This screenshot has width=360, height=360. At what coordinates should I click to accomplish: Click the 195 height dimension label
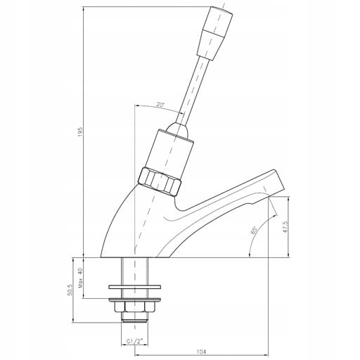point(80,132)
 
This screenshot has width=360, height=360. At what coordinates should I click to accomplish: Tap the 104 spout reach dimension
point(201,352)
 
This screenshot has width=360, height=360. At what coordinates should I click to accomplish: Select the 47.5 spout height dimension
point(285,226)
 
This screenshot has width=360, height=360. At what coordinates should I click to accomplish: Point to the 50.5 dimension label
point(70,290)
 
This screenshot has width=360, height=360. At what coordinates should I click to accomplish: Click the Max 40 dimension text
point(80,278)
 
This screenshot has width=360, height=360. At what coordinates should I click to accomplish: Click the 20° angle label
point(160,105)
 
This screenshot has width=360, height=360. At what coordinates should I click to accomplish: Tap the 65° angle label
point(254,230)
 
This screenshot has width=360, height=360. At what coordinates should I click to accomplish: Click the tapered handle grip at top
point(214,33)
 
